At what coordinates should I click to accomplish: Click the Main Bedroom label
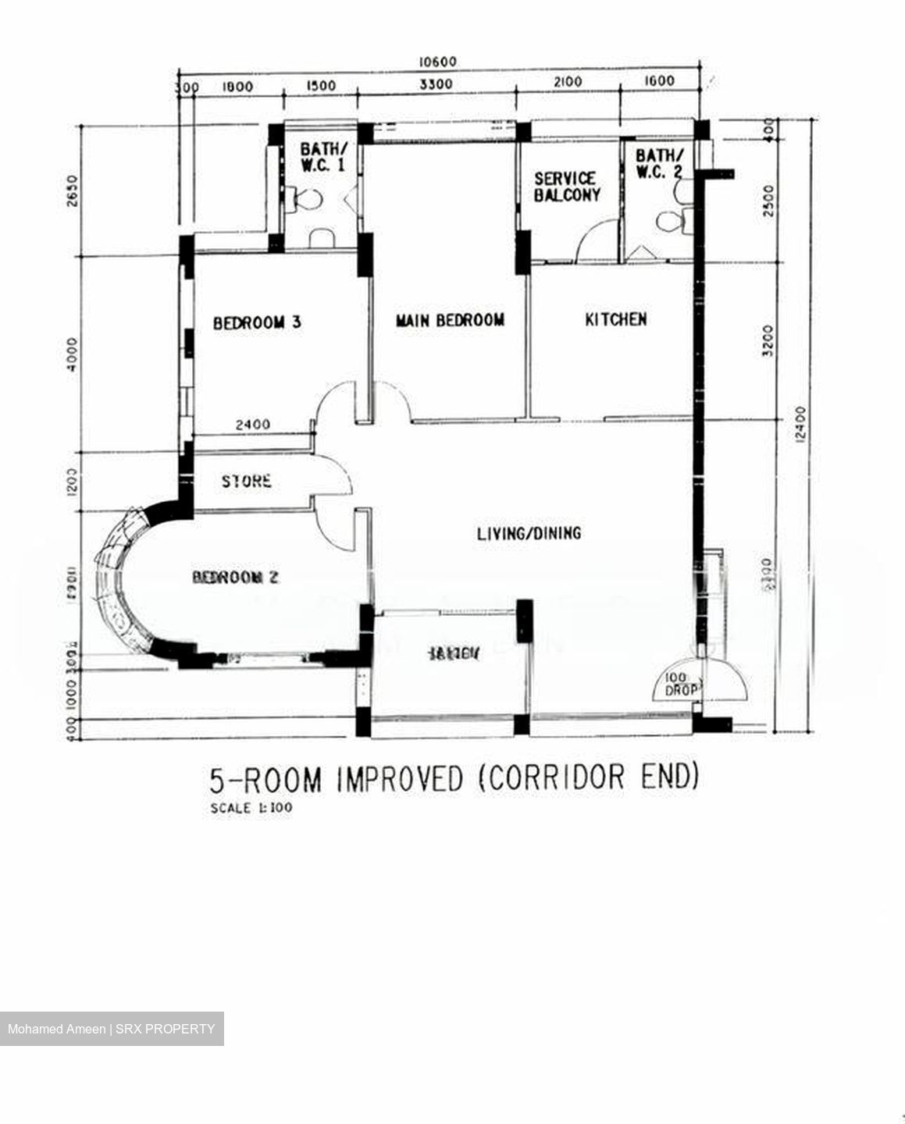(450, 320)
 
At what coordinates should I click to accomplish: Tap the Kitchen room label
(615, 319)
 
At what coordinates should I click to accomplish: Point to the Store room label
(246, 482)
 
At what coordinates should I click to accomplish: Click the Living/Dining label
(529, 533)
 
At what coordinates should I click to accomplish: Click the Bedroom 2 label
(235, 578)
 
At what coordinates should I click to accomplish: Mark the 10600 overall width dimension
(437, 62)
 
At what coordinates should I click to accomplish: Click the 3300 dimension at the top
(436, 84)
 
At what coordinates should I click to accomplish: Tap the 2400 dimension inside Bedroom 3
(253, 425)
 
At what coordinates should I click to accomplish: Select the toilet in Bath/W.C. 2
(671, 221)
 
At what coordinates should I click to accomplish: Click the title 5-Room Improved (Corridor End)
(453, 778)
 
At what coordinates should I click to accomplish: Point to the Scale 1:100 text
(251, 808)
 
